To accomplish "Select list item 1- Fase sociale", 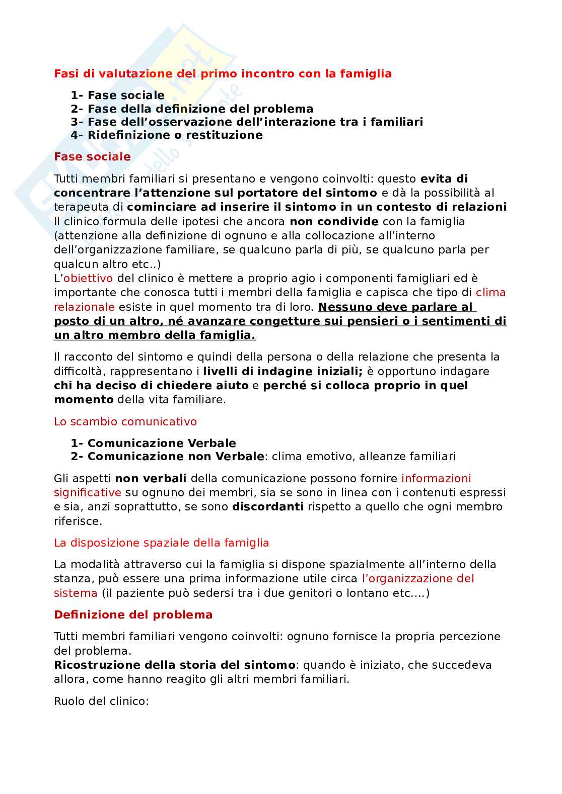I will coord(117,96).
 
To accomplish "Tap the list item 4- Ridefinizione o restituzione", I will coord(166,135).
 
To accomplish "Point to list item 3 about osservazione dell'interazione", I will coord(247,122).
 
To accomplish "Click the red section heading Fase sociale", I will coord(92,156).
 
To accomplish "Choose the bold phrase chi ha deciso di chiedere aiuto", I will coord(151,385).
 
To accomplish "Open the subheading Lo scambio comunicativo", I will coord(125,421).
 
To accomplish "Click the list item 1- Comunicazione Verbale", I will coord(153,443).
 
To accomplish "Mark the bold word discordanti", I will coord(267,506).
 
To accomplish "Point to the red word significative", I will coord(88,492).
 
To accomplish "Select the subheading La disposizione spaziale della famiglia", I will coord(161,543).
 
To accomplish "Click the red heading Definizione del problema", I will coord(133,614).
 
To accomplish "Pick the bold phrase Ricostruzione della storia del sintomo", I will coord(174,665).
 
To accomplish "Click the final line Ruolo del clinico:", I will coord(101,700).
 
